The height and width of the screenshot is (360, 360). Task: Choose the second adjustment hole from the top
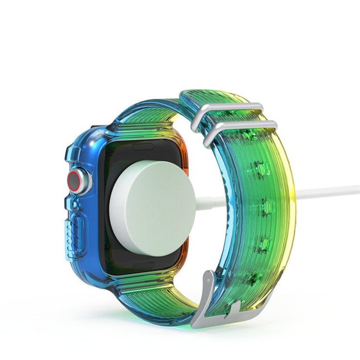258,167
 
